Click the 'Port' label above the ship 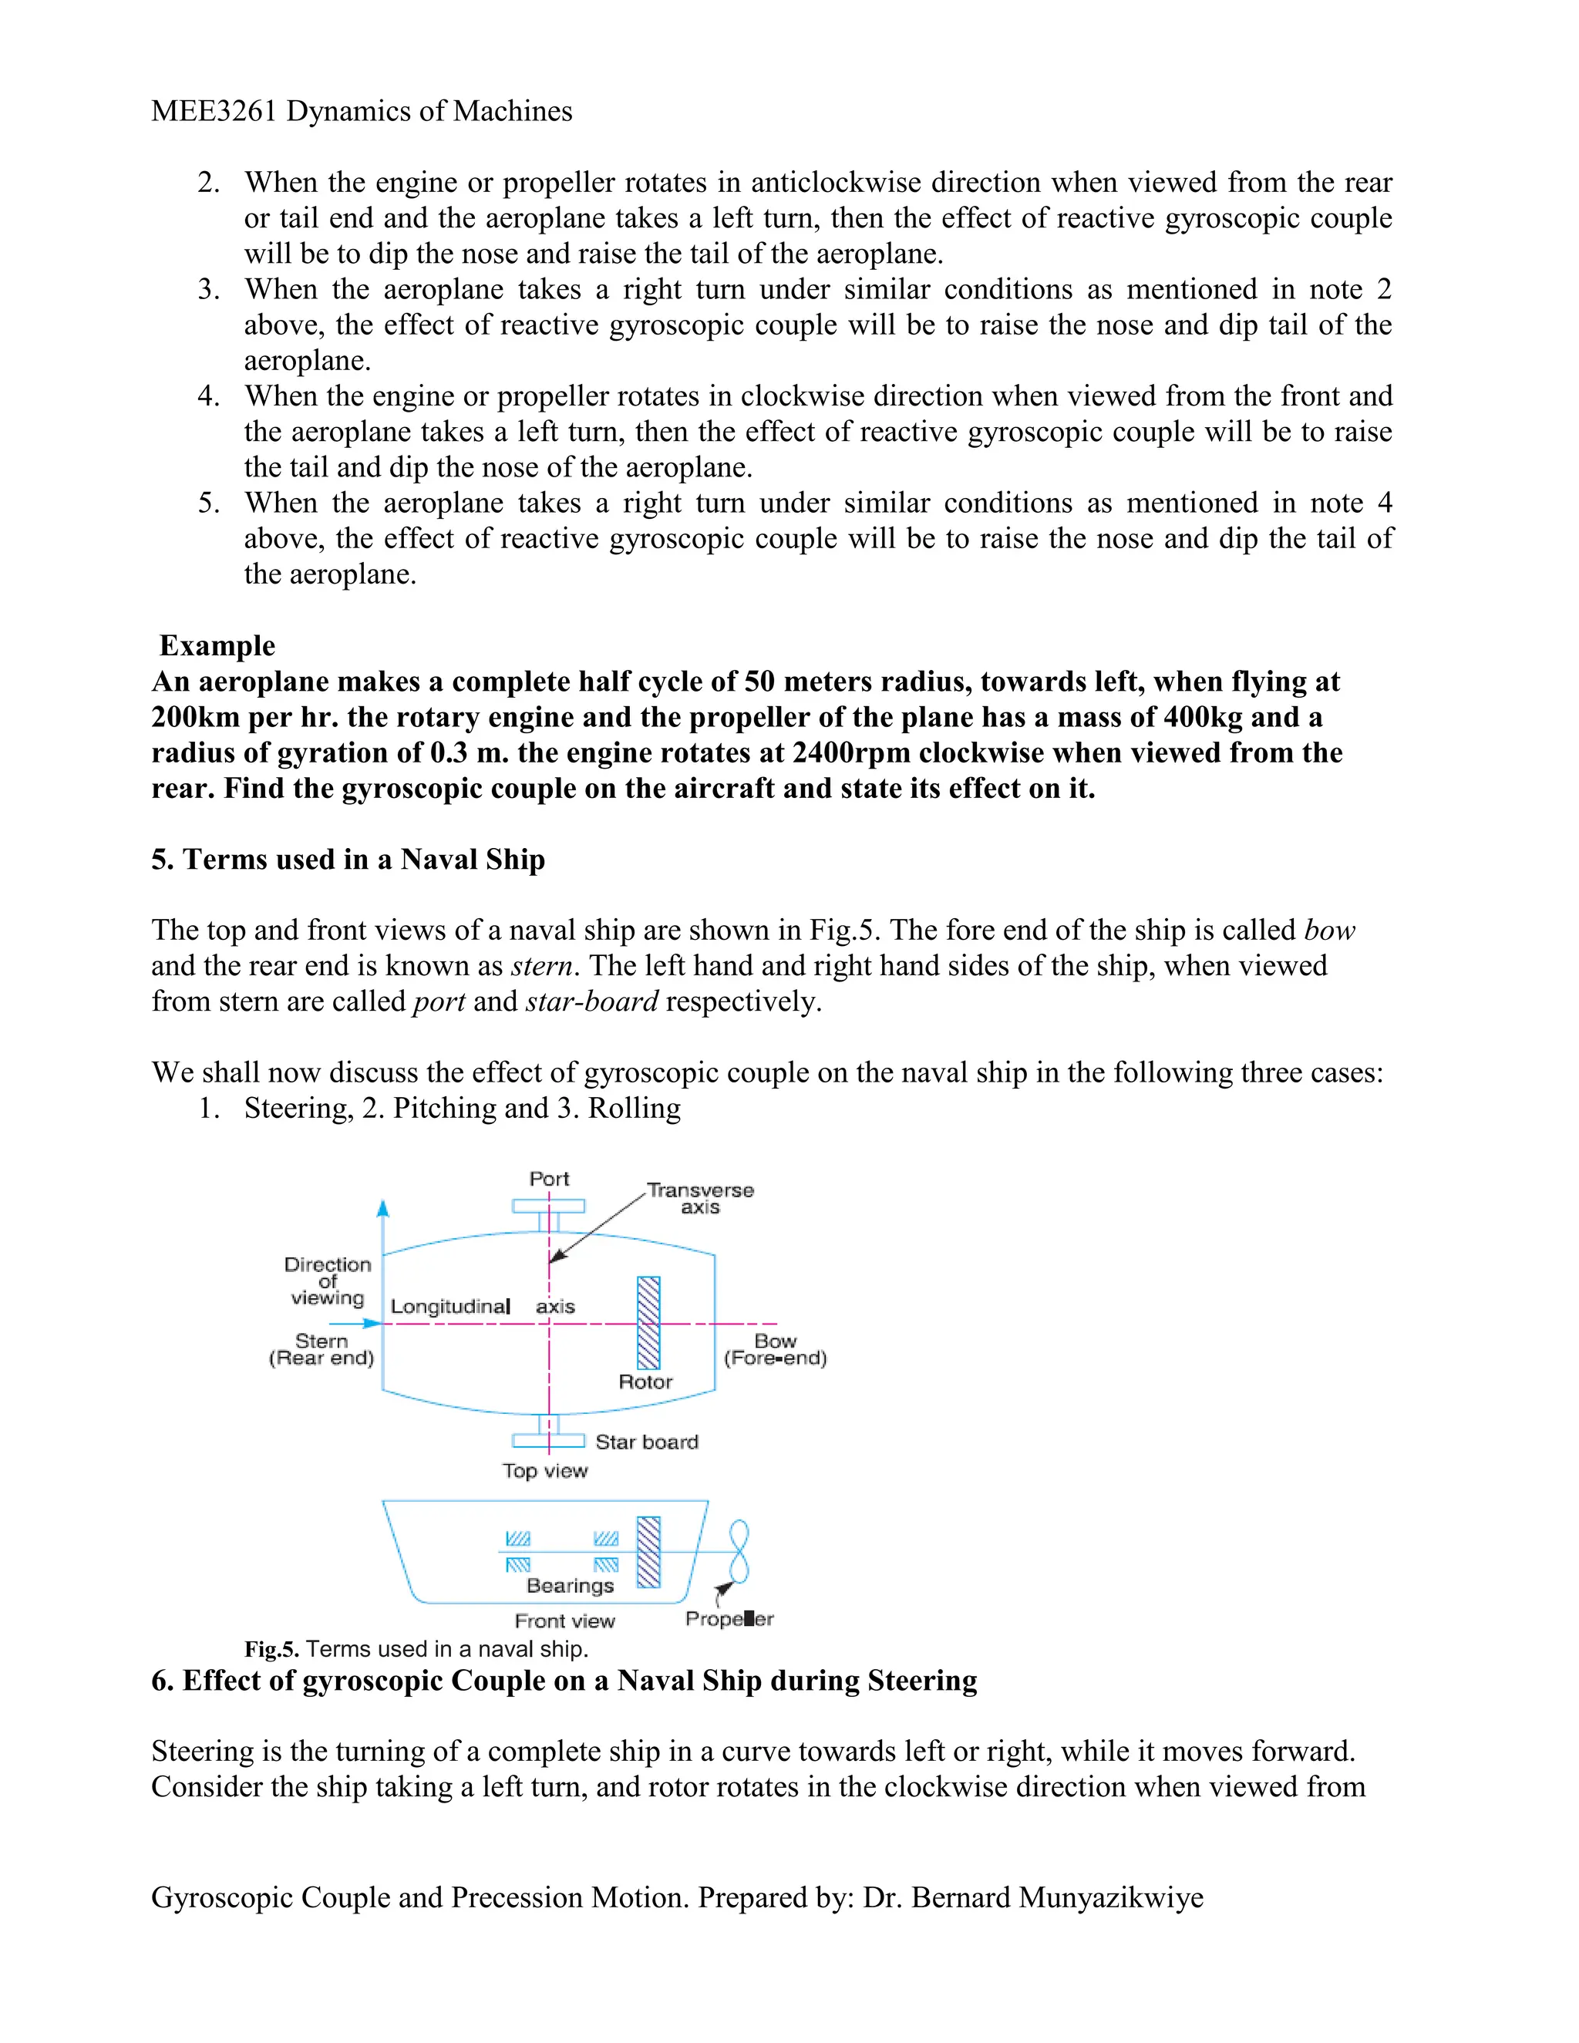[x=548, y=1179]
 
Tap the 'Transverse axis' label [x=700, y=1198]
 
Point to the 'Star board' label [x=646, y=1442]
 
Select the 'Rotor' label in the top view [x=645, y=1382]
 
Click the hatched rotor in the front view [x=648, y=1552]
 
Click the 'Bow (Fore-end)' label [x=776, y=1349]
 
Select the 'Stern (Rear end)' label [x=321, y=1349]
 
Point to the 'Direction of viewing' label [x=328, y=1281]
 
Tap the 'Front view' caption [x=564, y=1621]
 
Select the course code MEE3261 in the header [x=214, y=111]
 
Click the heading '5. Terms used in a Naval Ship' [x=348, y=859]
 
